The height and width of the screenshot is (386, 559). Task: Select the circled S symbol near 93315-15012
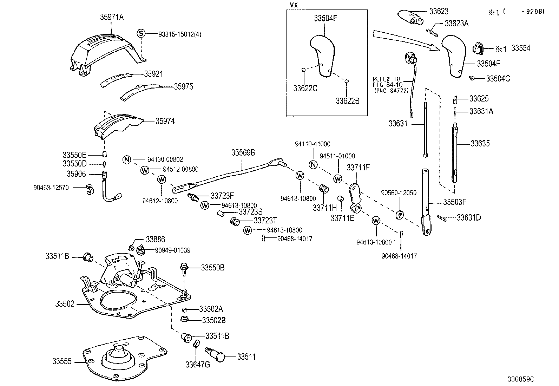140,34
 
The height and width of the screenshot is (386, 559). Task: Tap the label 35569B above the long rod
243,153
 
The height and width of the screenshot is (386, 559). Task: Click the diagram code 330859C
520,379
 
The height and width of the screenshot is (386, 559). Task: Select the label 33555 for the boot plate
62,361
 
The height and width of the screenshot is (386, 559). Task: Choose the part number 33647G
198,365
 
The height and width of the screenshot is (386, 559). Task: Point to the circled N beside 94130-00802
127,160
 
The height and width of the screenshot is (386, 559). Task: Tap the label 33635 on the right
480,143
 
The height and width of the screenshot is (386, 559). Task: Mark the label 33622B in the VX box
347,101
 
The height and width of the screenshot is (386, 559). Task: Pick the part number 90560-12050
399,193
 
